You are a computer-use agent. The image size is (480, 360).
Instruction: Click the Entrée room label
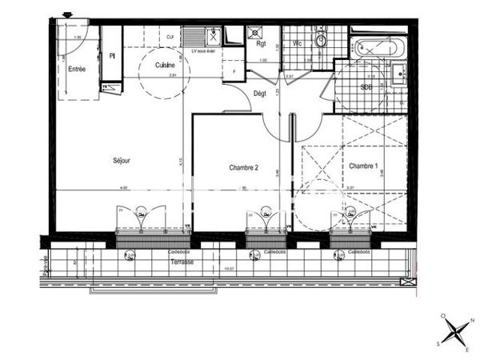click(x=77, y=70)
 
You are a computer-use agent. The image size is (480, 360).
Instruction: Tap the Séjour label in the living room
click(x=122, y=161)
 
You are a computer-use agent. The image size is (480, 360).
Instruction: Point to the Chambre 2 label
click(x=243, y=168)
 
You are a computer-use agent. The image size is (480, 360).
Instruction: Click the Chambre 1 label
click(x=362, y=166)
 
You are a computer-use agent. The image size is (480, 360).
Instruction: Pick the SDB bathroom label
click(x=366, y=86)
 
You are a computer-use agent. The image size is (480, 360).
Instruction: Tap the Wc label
click(x=297, y=43)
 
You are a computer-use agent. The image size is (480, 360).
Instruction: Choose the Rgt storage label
click(x=261, y=45)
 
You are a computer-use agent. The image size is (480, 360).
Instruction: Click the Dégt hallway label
click(x=260, y=93)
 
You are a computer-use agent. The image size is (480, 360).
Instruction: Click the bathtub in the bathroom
click(x=380, y=46)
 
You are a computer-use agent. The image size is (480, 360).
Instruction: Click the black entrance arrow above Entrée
click(x=66, y=14)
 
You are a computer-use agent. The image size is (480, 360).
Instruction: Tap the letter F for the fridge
click(x=234, y=72)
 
